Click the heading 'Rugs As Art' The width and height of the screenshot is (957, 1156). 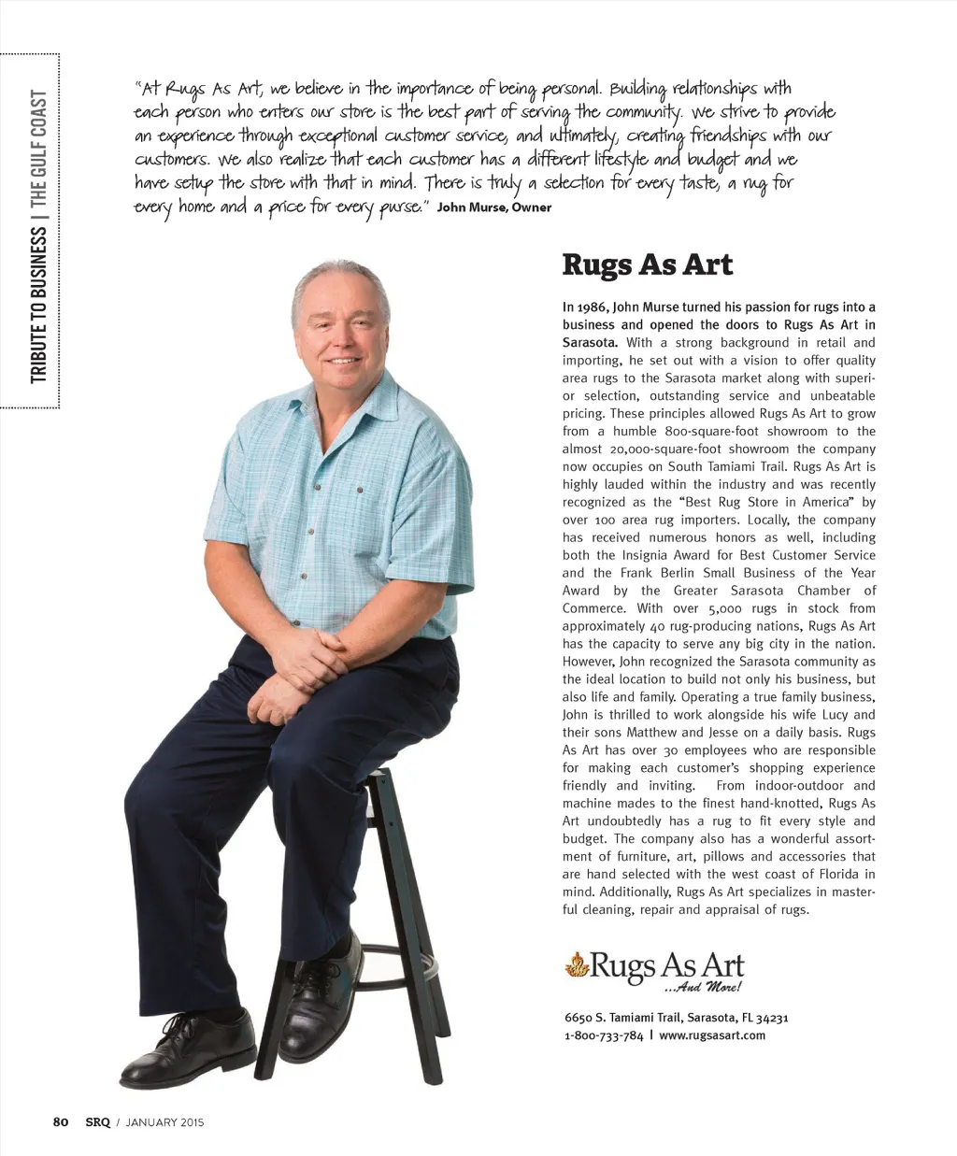pyautogui.click(x=647, y=264)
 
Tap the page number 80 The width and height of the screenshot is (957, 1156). pyautogui.click(x=61, y=1122)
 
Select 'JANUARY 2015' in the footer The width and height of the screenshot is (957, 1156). pyautogui.click(x=164, y=1122)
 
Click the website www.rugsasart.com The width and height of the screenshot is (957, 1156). pyautogui.click(x=712, y=1035)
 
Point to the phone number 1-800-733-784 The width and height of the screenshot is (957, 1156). pyautogui.click(x=604, y=1035)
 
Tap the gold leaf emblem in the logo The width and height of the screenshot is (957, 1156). pyautogui.click(x=576, y=964)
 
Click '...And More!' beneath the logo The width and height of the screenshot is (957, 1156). pyautogui.click(x=702, y=988)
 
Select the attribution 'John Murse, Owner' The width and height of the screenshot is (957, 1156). pyautogui.click(x=494, y=207)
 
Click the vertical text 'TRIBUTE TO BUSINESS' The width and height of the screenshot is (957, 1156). pyautogui.click(x=38, y=306)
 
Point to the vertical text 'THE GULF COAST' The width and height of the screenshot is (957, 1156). pyautogui.click(x=38, y=150)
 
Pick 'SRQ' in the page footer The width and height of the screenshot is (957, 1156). pyautogui.click(x=97, y=1122)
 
